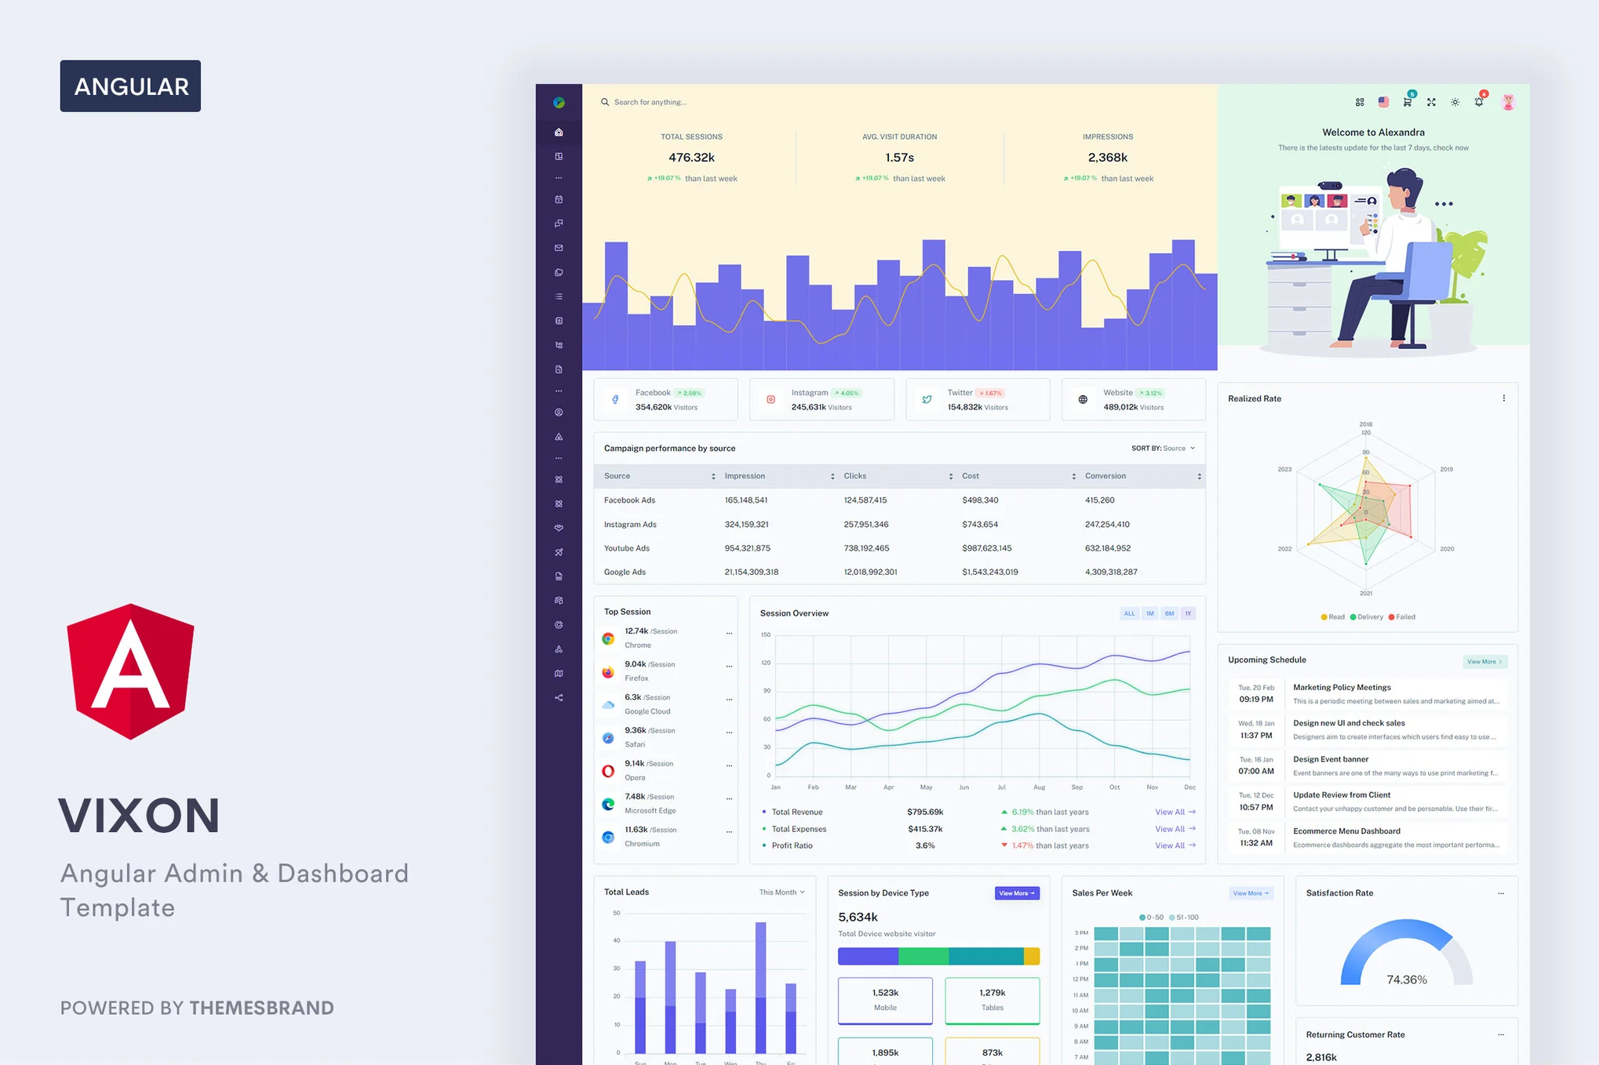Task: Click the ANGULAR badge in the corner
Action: point(130,85)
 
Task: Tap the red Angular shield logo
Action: point(130,671)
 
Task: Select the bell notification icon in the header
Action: point(1478,102)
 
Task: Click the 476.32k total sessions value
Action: point(691,158)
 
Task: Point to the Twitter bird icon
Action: point(927,399)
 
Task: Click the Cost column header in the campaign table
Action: point(971,476)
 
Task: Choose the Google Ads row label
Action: point(625,572)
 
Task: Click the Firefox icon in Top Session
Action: point(608,672)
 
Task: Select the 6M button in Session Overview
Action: point(1169,613)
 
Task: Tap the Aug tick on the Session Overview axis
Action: point(1039,787)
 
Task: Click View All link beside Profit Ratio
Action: point(1175,845)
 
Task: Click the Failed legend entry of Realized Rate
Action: point(1402,617)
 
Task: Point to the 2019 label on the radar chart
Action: point(1446,469)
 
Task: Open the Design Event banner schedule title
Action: point(1330,759)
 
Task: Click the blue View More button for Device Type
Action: point(1017,893)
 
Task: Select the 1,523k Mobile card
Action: point(885,1000)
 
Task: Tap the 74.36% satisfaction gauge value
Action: point(1406,980)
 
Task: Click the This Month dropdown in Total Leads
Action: point(781,892)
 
